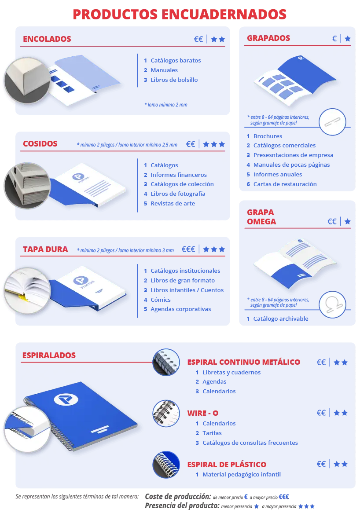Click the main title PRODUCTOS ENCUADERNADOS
pyautogui.click(x=180, y=14)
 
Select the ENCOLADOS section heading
pyautogui.click(x=47, y=39)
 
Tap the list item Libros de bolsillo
pyautogui.click(x=174, y=80)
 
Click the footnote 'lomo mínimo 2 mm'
pyautogui.click(x=166, y=105)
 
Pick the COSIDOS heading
pyautogui.click(x=40, y=143)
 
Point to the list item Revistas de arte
pyautogui.click(x=173, y=203)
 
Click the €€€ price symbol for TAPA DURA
pyautogui.click(x=188, y=249)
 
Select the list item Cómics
pyautogui.click(x=160, y=300)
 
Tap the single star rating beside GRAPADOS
pyautogui.click(x=347, y=39)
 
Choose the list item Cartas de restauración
pyautogui.click(x=285, y=184)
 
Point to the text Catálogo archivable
pyautogui.click(x=281, y=319)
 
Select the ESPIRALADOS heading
pyautogui.click(x=49, y=355)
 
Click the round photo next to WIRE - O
pyautogui.click(x=166, y=414)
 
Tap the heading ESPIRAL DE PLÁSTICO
pyautogui.click(x=227, y=464)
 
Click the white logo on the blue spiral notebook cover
pyautogui.click(x=66, y=399)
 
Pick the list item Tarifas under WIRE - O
pyautogui.click(x=212, y=433)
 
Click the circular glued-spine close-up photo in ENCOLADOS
pyautogui.click(x=27, y=80)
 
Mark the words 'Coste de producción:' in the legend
pyautogui.click(x=178, y=496)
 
